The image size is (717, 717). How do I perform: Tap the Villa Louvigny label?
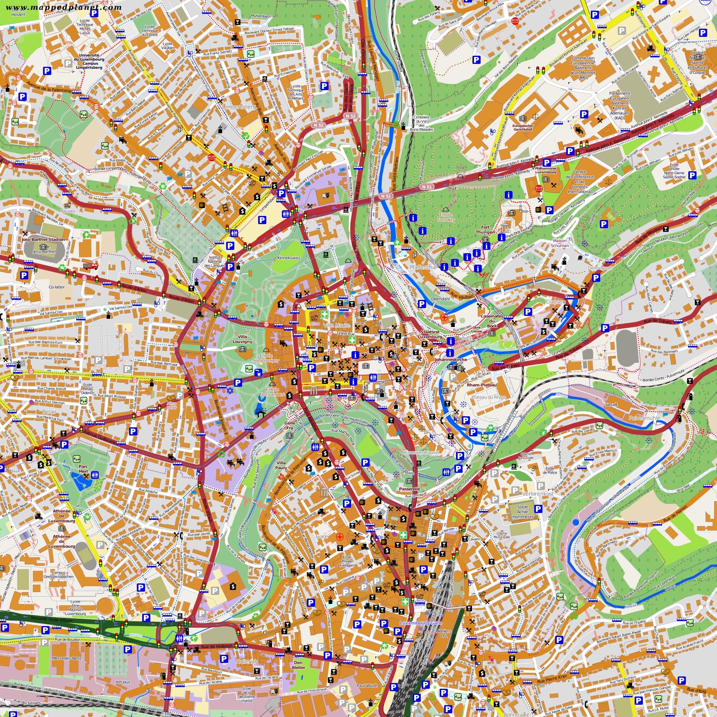click(x=242, y=339)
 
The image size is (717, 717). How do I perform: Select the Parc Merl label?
click(x=83, y=469)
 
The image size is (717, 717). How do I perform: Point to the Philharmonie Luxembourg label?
click(x=545, y=170)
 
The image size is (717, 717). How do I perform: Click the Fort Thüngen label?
click(x=485, y=229)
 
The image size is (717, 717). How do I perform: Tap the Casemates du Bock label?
click(x=492, y=321)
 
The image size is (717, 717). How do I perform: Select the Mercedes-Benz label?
click(x=67, y=658)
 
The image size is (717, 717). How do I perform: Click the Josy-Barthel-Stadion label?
click(x=43, y=239)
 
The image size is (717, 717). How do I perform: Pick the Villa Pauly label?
click(x=281, y=465)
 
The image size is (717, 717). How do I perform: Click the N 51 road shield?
click(x=427, y=186)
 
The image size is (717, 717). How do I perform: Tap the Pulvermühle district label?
click(x=644, y=418)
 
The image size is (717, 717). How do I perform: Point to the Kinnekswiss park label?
click(x=289, y=258)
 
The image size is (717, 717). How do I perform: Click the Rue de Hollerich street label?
click(x=217, y=646)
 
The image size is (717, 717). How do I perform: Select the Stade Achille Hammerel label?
click(x=522, y=512)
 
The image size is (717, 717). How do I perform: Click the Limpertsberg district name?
click(x=239, y=107)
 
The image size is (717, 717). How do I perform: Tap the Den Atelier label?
click(x=298, y=665)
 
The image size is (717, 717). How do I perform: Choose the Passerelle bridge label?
click(x=409, y=489)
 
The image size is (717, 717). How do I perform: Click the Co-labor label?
click(x=57, y=287)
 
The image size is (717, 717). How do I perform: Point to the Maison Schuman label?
click(x=560, y=243)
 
